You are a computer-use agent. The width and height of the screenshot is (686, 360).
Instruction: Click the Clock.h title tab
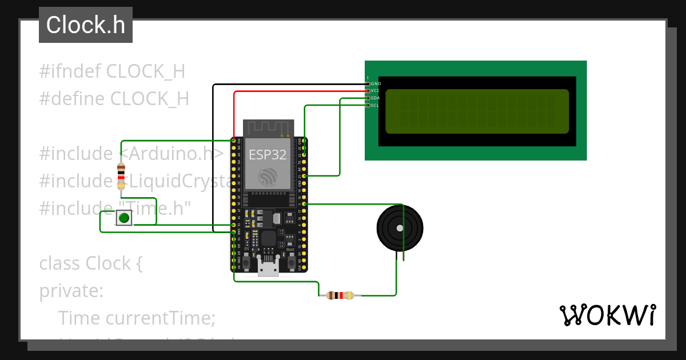86,25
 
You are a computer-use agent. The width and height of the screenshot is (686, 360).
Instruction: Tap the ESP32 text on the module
268,155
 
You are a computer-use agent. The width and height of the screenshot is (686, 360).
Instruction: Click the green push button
124,218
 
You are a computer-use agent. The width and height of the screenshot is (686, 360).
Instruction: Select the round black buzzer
400,228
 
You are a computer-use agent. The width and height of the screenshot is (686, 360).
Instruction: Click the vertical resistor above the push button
121,176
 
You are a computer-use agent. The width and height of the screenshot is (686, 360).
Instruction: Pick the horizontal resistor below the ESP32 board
340,295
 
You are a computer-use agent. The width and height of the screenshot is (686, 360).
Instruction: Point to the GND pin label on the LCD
376,84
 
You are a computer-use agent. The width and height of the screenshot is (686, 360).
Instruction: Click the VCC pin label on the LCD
376,91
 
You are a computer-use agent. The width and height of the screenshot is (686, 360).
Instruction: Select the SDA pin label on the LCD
376,98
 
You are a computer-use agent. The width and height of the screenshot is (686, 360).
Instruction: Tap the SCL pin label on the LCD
375,105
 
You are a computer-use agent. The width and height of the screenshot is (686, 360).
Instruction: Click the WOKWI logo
607,315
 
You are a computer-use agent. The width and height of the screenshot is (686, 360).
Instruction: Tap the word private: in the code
71,291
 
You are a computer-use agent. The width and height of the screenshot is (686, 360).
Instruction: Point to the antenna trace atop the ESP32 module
268,128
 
